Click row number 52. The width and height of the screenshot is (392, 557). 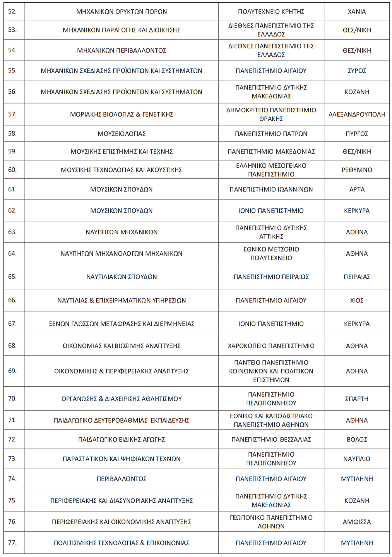click(x=12, y=12)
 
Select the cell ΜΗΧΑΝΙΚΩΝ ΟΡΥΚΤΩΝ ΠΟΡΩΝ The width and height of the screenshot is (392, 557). click(x=122, y=12)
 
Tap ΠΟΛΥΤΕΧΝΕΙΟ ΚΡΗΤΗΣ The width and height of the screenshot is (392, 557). click(x=271, y=12)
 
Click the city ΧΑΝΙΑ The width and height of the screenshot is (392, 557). click(x=356, y=12)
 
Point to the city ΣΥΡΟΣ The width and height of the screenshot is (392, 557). click(x=356, y=71)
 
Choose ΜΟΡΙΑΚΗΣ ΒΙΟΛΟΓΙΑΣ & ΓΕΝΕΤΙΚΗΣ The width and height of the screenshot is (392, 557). click(x=122, y=114)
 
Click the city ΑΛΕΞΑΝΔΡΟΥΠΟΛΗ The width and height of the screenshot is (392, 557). click(x=356, y=114)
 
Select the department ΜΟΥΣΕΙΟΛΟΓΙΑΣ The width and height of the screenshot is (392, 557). click(x=122, y=134)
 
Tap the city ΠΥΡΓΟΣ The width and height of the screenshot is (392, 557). click(x=356, y=134)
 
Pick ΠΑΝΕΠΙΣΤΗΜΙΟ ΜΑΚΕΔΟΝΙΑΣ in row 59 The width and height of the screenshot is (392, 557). click(x=271, y=151)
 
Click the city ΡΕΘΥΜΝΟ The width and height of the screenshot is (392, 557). click(x=356, y=170)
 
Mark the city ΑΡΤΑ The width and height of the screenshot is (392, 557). click(x=356, y=189)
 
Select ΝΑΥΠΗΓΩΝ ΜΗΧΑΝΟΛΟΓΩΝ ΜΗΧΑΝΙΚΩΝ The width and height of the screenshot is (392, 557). click(x=122, y=254)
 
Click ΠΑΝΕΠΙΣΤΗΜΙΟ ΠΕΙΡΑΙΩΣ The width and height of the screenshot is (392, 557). click(x=271, y=277)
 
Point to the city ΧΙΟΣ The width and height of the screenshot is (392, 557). click(x=356, y=300)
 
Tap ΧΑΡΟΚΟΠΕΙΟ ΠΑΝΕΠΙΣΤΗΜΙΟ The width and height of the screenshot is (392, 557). click(x=271, y=346)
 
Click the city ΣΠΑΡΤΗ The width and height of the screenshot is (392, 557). click(x=356, y=399)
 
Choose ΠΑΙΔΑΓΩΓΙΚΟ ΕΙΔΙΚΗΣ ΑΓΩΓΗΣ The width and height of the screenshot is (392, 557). click(x=122, y=440)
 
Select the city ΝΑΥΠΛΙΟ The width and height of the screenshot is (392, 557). click(x=356, y=459)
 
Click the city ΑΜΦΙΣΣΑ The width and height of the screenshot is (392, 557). click(x=356, y=522)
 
